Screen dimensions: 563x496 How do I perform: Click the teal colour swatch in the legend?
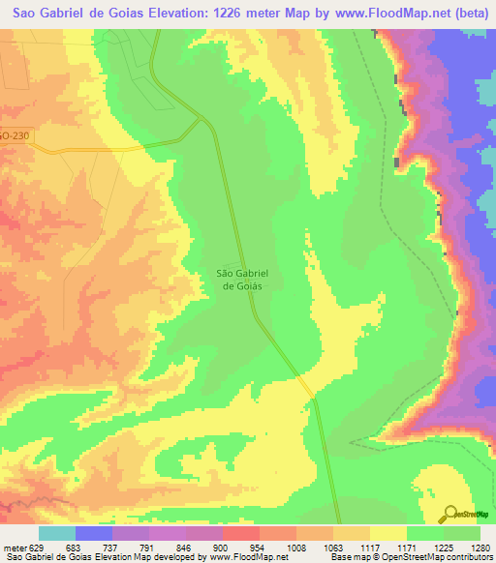(57, 532)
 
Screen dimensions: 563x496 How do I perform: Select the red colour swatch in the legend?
(241, 532)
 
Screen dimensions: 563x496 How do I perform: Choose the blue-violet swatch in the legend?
(94, 532)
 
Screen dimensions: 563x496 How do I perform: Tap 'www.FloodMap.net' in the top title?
(379, 13)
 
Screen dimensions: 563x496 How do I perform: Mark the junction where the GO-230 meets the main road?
(201, 120)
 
